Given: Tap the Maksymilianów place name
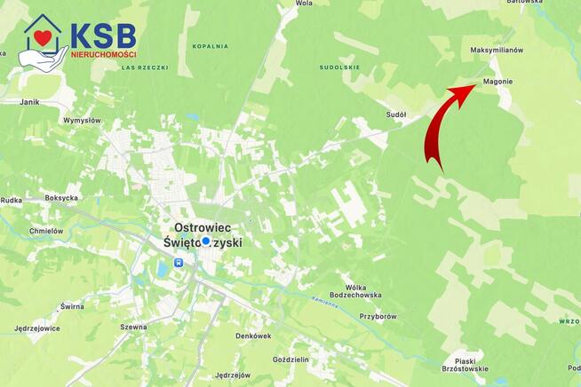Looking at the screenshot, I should (497, 51).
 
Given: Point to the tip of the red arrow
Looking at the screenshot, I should (474, 87).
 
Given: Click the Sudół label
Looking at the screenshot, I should (396, 115).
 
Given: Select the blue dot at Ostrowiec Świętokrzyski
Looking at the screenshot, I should (206, 241).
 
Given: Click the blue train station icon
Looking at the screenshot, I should (179, 263).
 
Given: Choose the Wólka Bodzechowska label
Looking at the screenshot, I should (355, 291).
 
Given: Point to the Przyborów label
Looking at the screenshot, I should (378, 316).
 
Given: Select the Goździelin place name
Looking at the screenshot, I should (291, 359).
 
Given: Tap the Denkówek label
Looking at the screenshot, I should (253, 336).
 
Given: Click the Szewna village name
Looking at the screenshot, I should (133, 327).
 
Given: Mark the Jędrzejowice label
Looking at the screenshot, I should (37, 328).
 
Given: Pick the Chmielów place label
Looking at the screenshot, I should (46, 231).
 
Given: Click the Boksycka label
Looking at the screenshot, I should (62, 198).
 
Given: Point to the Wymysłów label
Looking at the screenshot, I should (83, 120).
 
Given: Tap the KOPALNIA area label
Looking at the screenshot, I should (210, 46).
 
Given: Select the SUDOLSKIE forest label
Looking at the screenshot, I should (340, 67).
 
